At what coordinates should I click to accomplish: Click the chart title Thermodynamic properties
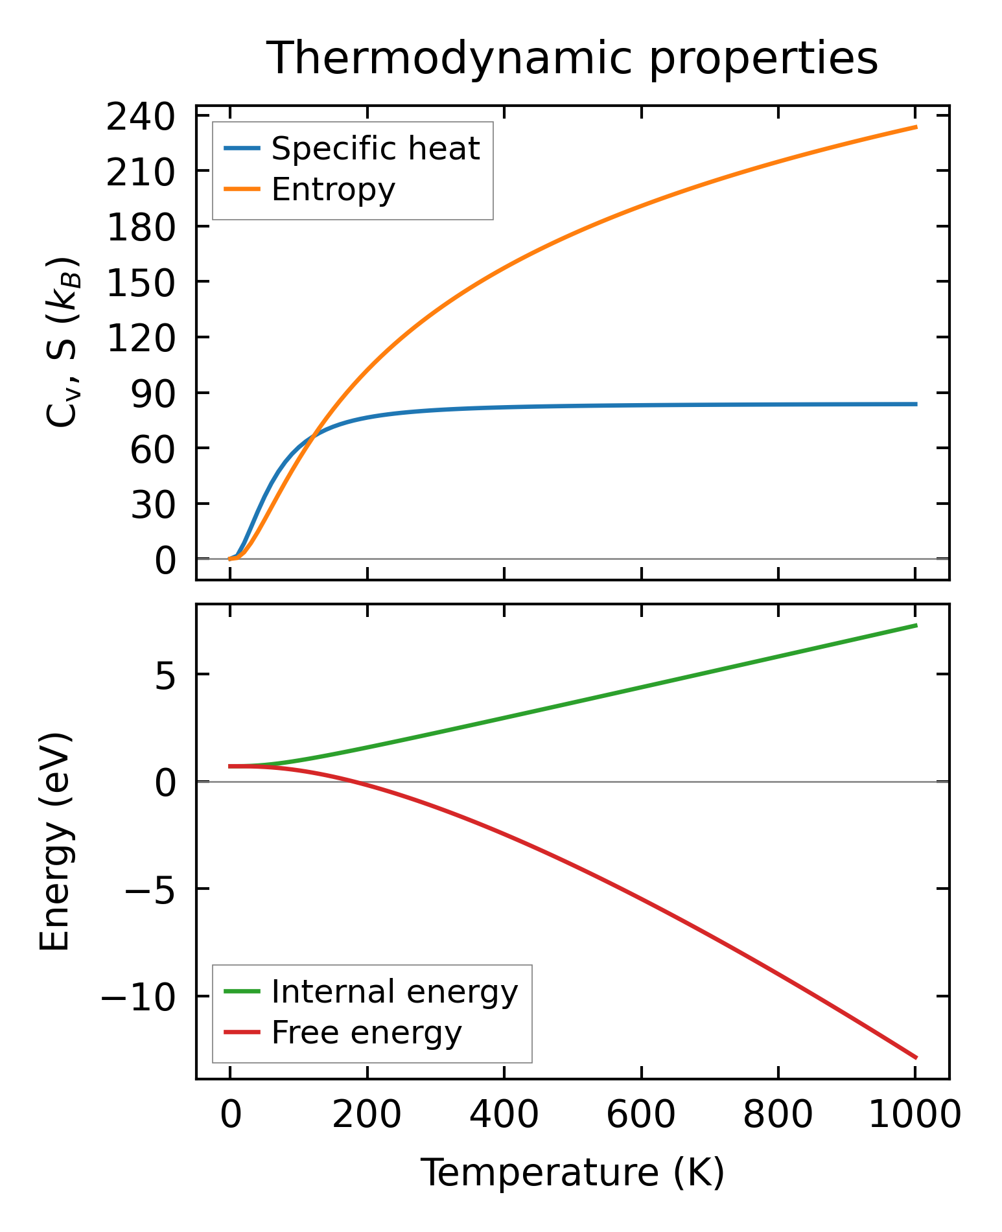pos(572,59)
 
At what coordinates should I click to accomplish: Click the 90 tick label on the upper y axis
pos(153,393)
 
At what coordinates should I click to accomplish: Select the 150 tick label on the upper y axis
pos(141,283)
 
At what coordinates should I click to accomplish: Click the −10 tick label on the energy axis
pos(137,997)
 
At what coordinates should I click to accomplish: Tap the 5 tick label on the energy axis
pos(165,675)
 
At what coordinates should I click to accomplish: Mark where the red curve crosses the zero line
pos(353,782)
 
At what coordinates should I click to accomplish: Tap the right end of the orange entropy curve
pos(916,127)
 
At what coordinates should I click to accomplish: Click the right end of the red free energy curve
pos(916,1058)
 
